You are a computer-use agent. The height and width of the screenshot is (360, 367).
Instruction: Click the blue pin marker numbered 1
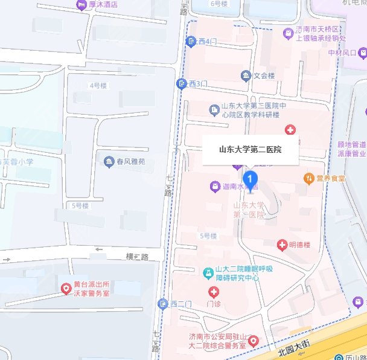251,179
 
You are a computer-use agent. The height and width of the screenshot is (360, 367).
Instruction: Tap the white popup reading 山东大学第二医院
250,148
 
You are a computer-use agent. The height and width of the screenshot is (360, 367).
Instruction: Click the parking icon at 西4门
190,41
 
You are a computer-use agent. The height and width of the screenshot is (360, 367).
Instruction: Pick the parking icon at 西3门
180,83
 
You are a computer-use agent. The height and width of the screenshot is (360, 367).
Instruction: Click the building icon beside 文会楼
246,76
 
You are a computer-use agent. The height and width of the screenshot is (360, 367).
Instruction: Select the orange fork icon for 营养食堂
308,178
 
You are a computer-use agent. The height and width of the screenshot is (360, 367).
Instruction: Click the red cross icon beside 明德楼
281,245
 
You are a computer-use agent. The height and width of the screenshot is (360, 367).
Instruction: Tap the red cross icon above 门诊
214,292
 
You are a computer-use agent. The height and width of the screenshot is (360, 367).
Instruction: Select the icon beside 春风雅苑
109,161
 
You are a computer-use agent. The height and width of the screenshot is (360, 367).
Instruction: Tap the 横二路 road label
136,257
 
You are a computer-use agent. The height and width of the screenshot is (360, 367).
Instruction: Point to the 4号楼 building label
95,85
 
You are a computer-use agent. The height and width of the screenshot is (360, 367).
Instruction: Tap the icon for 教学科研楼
214,110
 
